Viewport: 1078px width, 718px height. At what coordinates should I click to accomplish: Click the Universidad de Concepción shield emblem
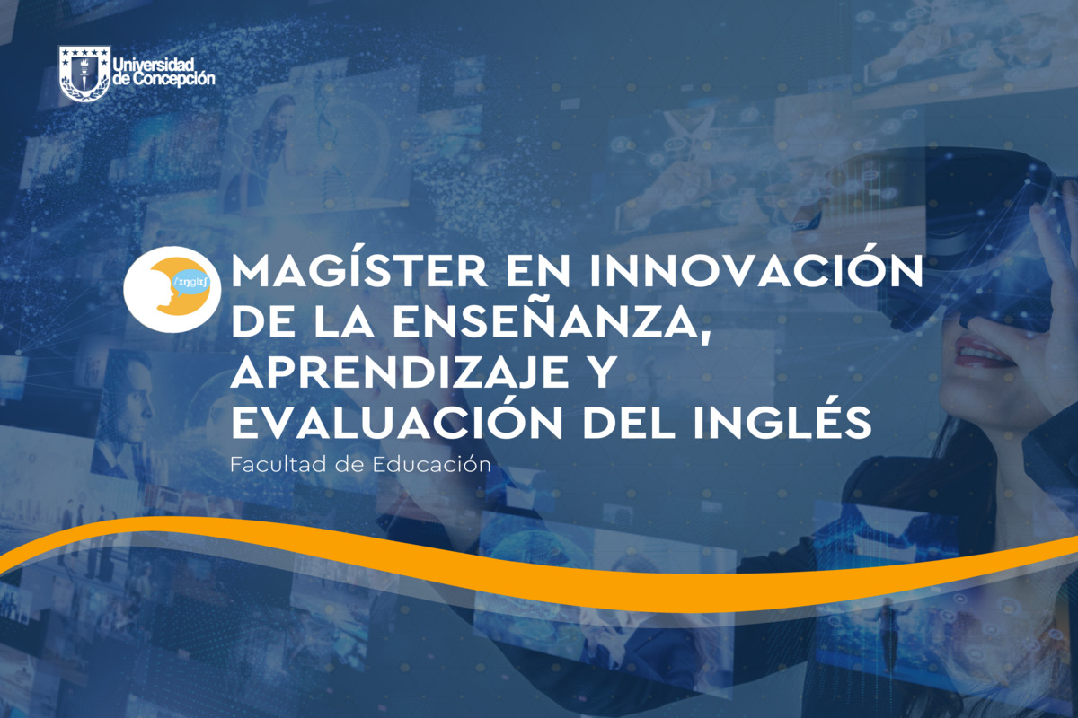pos(84,74)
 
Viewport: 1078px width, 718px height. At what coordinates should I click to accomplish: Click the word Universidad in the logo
pos(153,65)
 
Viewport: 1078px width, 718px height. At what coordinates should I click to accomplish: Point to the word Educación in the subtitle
pos(432,464)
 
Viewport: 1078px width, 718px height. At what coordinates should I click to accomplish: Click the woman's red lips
pos(979,354)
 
